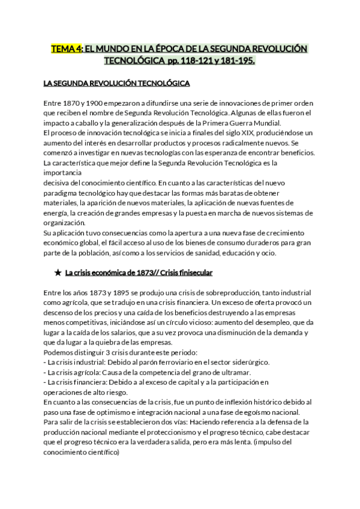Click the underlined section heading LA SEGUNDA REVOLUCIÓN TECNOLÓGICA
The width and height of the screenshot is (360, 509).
tap(117, 82)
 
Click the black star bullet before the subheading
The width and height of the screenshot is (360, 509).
tap(58, 273)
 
